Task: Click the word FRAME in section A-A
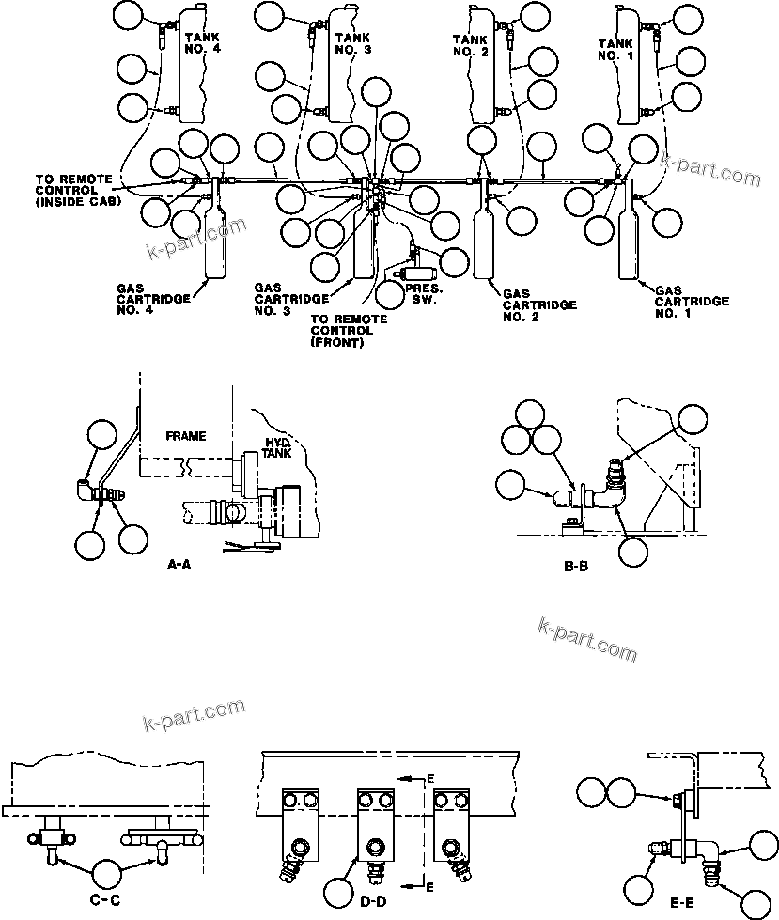185,436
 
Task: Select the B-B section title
574,566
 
